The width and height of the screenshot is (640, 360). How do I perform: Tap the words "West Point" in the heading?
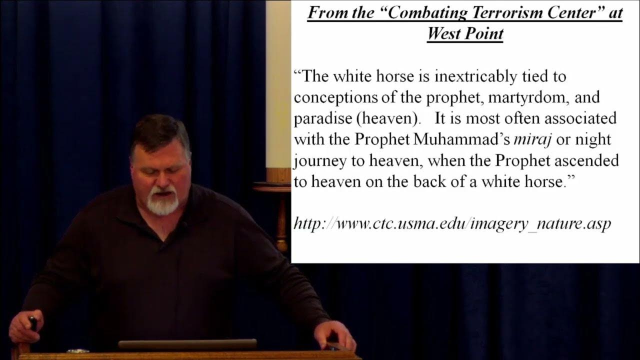tap(465, 33)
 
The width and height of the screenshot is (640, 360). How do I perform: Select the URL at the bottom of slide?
tap(452, 223)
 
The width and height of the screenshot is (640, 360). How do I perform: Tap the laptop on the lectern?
tap(187, 344)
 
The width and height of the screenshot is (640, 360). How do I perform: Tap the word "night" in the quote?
tap(593, 140)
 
